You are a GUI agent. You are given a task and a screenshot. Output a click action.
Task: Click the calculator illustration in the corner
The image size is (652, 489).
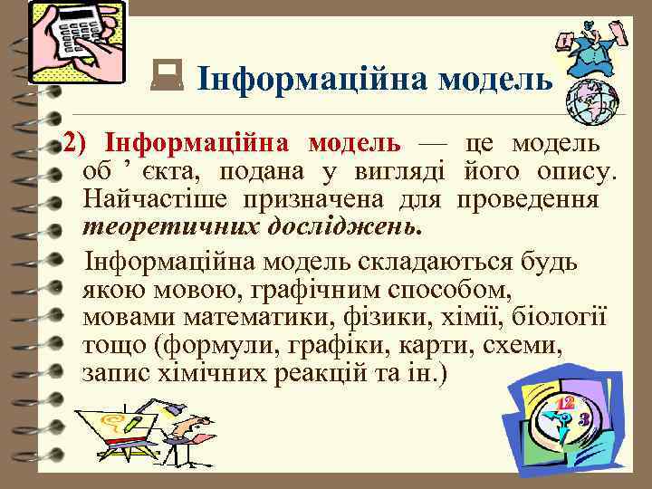pyautogui.click(x=77, y=43)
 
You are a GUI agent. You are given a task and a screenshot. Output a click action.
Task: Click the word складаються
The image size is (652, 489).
pyautogui.click(x=433, y=263)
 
